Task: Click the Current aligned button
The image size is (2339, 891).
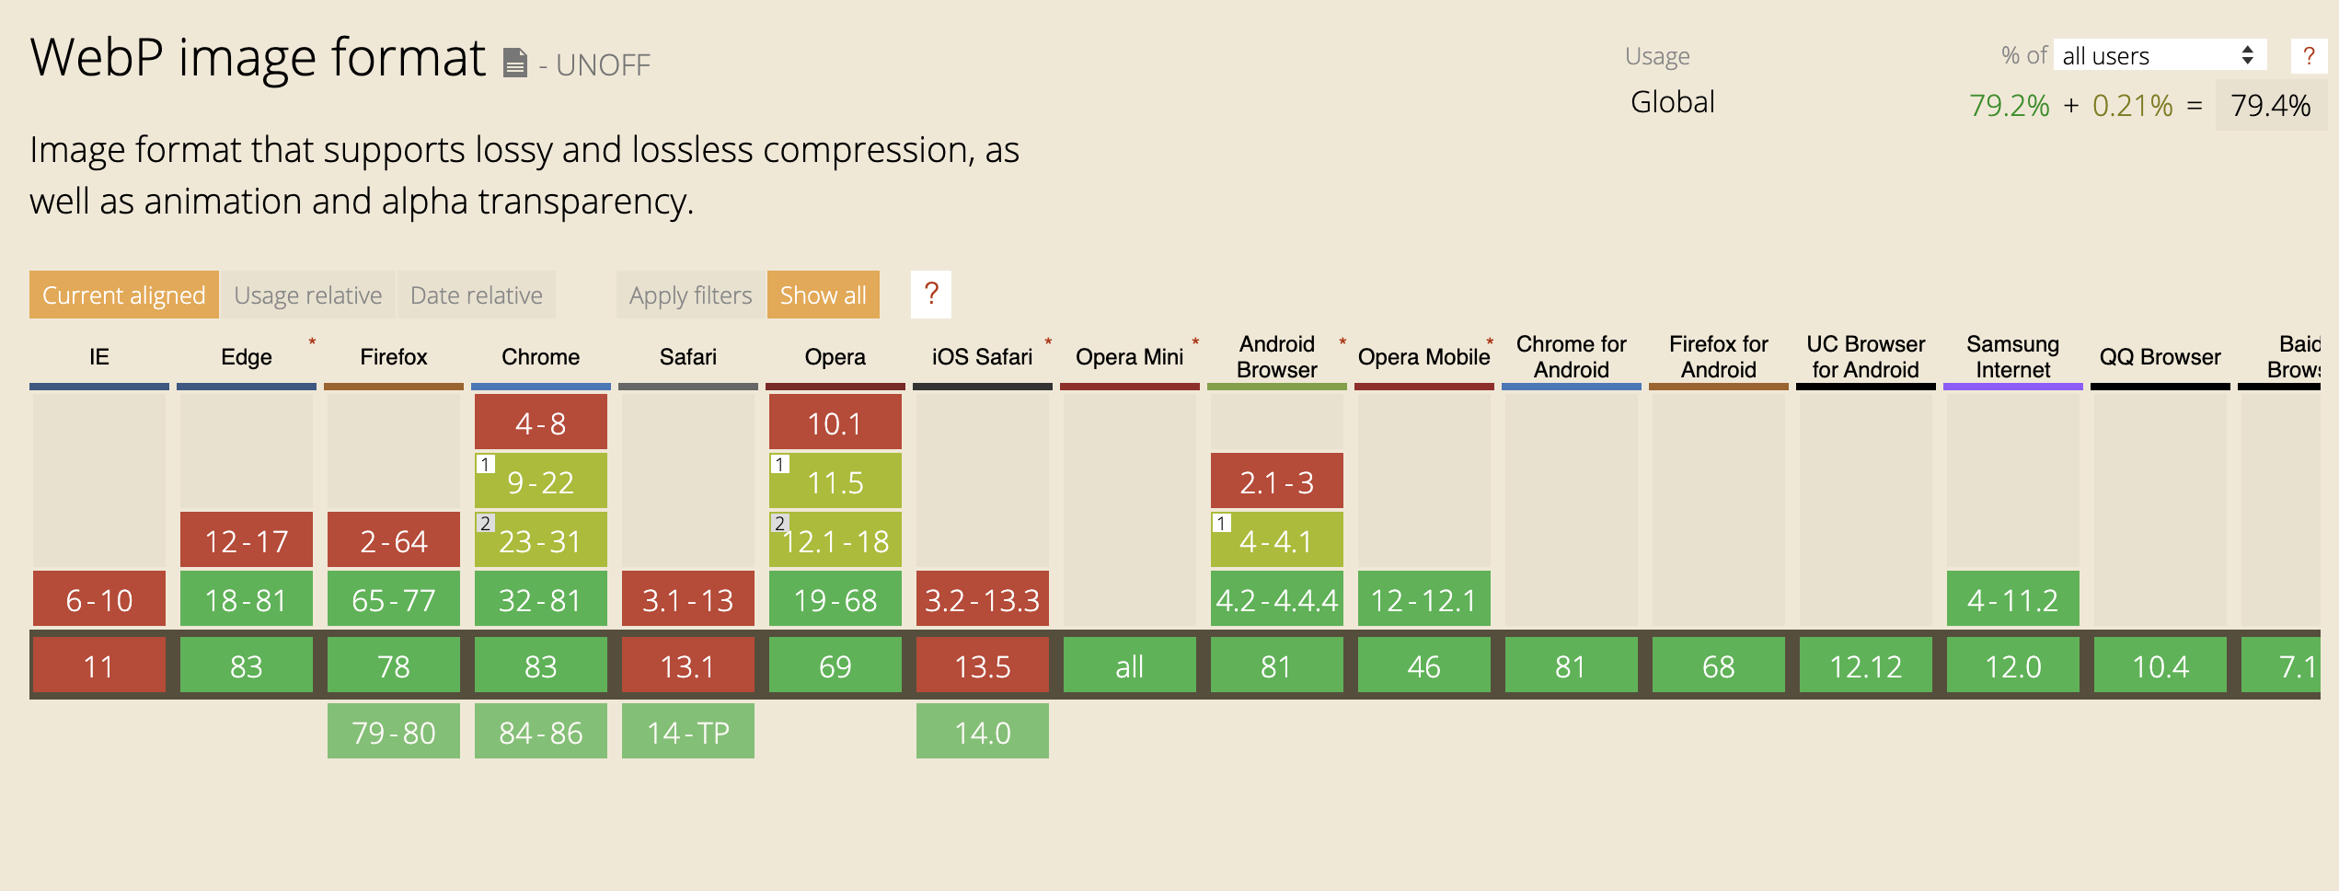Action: pyautogui.click(x=123, y=295)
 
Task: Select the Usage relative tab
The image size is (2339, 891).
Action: pyautogui.click(x=307, y=295)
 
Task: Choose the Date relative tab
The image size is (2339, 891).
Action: pyautogui.click(x=476, y=295)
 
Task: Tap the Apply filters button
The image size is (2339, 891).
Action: pyautogui.click(x=690, y=295)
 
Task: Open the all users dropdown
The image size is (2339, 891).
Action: pyautogui.click(x=2159, y=55)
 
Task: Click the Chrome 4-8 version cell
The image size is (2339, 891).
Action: pyautogui.click(x=540, y=422)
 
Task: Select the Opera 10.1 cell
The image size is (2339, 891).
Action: pyautogui.click(x=835, y=422)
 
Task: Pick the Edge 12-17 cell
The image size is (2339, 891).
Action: pyautogui.click(x=246, y=540)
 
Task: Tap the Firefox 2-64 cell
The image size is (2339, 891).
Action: pyautogui.click(x=393, y=540)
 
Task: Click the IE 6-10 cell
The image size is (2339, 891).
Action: pyautogui.click(x=98, y=599)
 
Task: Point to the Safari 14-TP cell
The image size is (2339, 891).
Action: pyautogui.click(x=687, y=732)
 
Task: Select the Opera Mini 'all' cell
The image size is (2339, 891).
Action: pyautogui.click(x=1129, y=665)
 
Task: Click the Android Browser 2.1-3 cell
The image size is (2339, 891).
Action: pyautogui.click(x=1276, y=481)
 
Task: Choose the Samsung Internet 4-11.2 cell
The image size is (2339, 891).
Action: pyautogui.click(x=2012, y=599)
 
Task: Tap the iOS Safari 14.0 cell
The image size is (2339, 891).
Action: pyautogui.click(x=982, y=732)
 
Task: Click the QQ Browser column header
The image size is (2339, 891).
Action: pyautogui.click(x=2160, y=357)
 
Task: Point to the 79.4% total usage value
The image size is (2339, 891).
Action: pyautogui.click(x=2270, y=105)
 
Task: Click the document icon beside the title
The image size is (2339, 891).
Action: pyautogui.click(x=515, y=63)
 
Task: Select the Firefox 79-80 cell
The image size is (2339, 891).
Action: pyautogui.click(x=393, y=732)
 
